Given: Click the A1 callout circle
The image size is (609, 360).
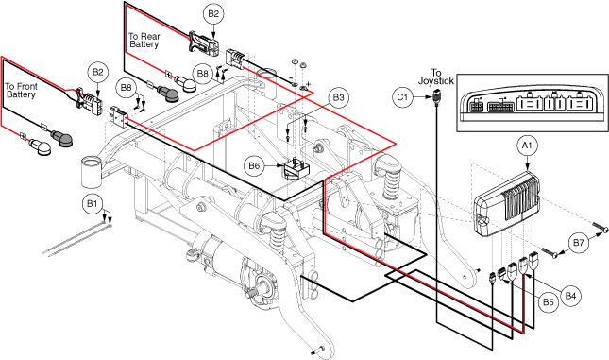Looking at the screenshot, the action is tap(527, 146).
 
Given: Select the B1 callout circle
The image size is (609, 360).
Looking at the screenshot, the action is tap(92, 203).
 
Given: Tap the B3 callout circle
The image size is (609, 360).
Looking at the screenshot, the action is tap(338, 98).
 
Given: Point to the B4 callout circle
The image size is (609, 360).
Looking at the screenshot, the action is tap(570, 297).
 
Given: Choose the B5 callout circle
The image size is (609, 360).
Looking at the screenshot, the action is tap(548, 302).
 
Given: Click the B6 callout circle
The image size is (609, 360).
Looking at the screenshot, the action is tap(254, 166).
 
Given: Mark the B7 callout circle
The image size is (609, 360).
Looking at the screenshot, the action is tap(579, 243).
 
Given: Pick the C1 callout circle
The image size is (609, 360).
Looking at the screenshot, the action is tap(403, 96).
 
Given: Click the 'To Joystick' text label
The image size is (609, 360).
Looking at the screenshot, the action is tap(436, 77).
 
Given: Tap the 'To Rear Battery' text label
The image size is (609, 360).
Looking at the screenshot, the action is tap(144, 41).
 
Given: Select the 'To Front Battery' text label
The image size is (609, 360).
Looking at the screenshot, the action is tap(21, 91).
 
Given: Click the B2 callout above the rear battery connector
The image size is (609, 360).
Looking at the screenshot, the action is tap(213, 14).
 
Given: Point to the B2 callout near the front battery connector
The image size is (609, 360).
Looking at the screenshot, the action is tap(98, 73).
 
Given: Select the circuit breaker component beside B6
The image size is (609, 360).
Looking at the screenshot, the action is tap(296, 169).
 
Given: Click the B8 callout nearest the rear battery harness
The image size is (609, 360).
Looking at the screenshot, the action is tap(203, 74).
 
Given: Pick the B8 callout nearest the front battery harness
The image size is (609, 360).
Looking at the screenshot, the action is tap(127, 88).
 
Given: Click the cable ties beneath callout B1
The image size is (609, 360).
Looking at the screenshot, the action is tap(76, 236).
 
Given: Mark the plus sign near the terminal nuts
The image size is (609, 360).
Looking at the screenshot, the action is tap(309, 83).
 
